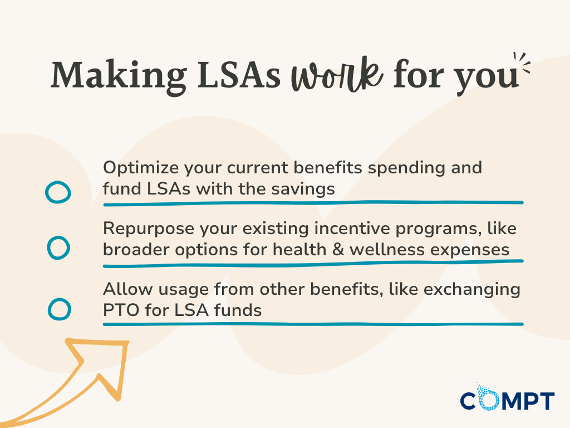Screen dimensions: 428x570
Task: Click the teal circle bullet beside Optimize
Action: click(57, 192)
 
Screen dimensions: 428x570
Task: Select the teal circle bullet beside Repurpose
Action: click(58, 247)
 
